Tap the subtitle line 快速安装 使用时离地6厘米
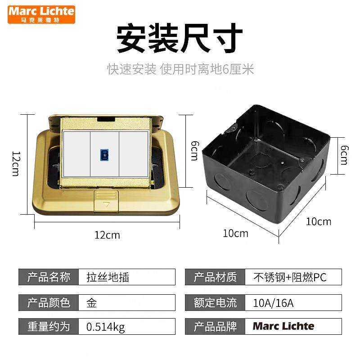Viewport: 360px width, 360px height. click(180, 69)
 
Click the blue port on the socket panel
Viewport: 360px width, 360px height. click(104, 153)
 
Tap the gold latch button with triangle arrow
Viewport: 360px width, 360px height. click(106, 201)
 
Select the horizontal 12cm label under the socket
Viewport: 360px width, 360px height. click(107, 234)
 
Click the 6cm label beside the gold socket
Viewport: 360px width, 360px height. click(193, 150)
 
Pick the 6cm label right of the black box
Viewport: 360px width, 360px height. click(344, 154)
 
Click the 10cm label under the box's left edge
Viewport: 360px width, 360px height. click(235, 233)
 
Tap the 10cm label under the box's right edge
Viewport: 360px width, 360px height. click(319, 221)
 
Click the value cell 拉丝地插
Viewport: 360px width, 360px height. click(108, 277)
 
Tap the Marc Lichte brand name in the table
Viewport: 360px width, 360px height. click(283, 326)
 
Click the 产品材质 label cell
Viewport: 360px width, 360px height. click(215, 277)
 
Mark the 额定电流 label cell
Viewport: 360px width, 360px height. click(215, 302)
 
